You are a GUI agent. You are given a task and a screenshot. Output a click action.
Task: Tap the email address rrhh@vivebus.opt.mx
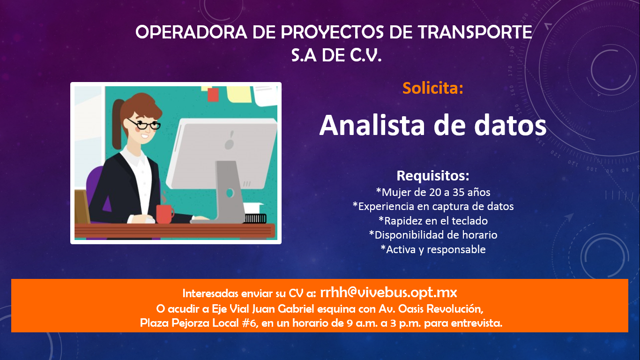click(x=388, y=293)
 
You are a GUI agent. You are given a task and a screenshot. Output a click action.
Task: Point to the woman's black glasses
click(x=144, y=124)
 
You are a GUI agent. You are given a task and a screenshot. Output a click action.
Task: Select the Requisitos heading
click(x=433, y=176)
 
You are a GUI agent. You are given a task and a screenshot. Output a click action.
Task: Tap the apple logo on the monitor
click(x=230, y=141)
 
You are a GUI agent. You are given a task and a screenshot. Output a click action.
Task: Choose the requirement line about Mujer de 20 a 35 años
click(x=433, y=192)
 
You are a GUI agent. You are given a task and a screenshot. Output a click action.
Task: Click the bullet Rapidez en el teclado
click(x=433, y=221)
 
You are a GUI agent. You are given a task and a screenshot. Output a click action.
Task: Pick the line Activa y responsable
click(x=433, y=249)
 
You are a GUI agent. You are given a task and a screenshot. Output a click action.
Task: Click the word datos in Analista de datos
click(x=510, y=125)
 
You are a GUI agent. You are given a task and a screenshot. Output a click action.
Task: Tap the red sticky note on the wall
click(x=213, y=95)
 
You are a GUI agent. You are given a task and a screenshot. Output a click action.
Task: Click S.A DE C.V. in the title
click(x=336, y=55)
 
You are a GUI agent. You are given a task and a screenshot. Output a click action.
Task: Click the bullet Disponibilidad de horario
click(x=433, y=235)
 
